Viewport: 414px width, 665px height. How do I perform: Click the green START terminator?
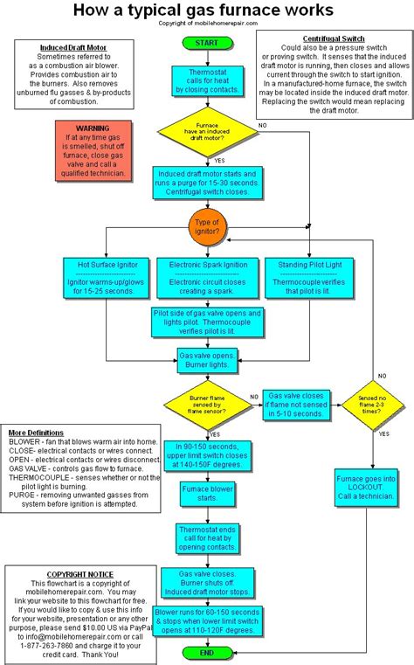tap(206, 43)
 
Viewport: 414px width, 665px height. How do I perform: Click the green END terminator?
tap(206, 653)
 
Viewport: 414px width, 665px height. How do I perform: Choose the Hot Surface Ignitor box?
tap(107, 277)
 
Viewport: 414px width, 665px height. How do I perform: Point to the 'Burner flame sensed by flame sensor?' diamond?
tap(206, 404)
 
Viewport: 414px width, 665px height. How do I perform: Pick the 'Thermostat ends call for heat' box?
tap(206, 537)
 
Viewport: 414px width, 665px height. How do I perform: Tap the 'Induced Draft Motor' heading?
tap(74, 46)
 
